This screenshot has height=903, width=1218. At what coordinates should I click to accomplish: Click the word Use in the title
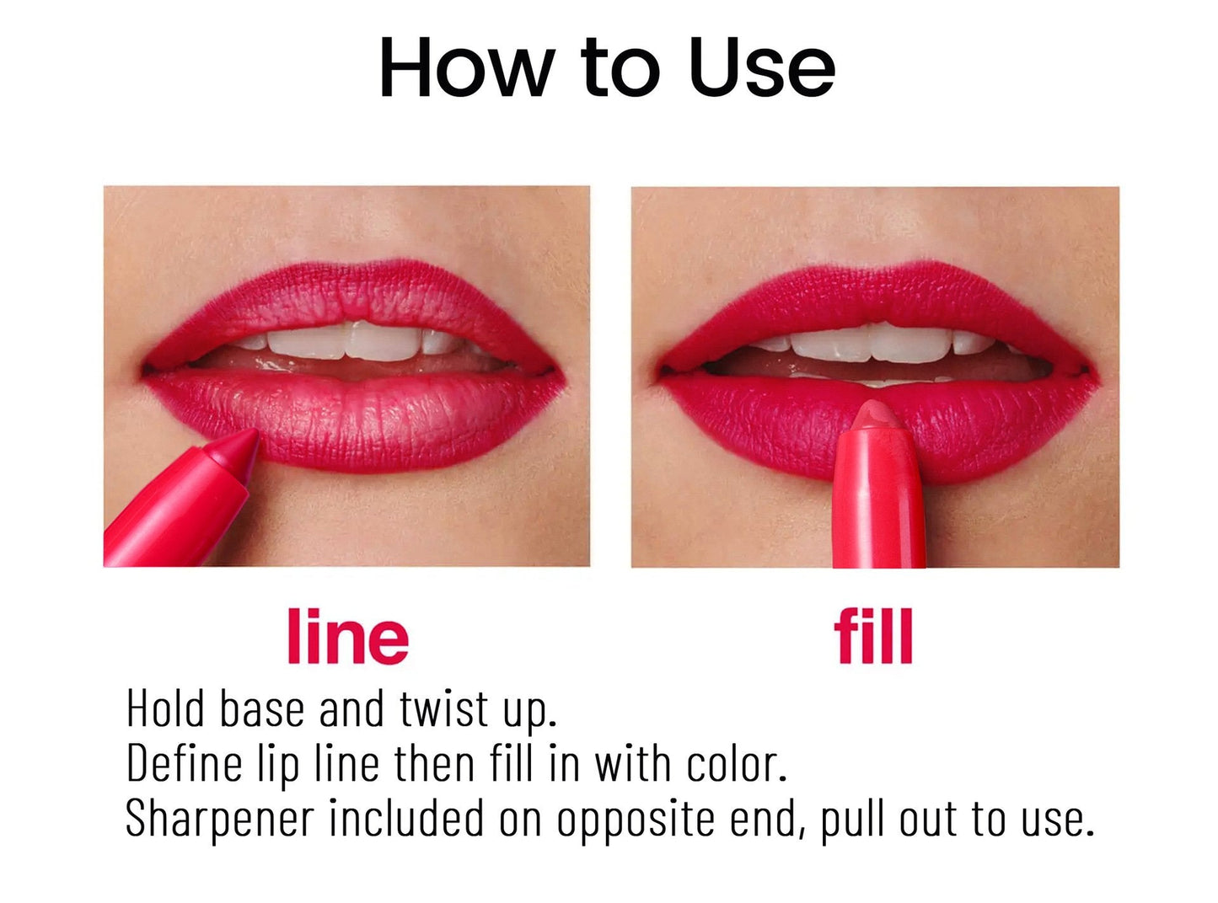click(x=761, y=67)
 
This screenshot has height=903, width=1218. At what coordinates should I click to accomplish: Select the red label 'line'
click(x=347, y=637)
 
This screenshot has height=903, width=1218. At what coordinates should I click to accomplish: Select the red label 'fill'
click(x=873, y=637)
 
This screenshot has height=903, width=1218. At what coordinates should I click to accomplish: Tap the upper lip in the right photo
click(x=877, y=295)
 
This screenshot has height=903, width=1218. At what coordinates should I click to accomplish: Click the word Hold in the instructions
click(x=166, y=708)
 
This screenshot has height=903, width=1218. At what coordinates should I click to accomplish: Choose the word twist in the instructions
click(x=443, y=708)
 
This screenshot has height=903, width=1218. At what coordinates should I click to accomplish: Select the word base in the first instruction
click(x=261, y=708)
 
